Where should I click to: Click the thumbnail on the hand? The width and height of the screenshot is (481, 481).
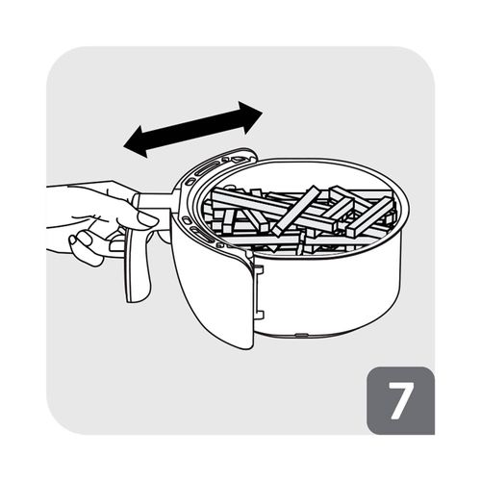[147, 220]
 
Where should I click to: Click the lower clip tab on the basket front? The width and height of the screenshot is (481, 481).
[259, 316]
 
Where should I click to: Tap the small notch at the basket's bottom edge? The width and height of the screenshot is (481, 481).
[301, 335]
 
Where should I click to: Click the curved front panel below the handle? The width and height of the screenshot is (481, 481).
[212, 289]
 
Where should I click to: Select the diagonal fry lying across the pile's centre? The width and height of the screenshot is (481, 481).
[295, 212]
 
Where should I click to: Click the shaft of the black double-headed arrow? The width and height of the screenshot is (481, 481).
[193, 130]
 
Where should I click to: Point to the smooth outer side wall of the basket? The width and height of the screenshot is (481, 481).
[330, 295]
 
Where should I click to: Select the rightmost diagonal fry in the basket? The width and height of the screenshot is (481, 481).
[368, 218]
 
